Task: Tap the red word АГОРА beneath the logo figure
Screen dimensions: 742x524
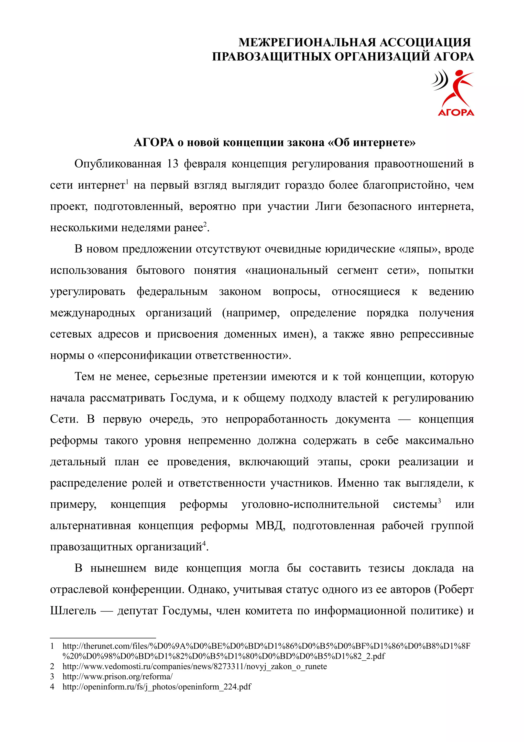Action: [456, 112]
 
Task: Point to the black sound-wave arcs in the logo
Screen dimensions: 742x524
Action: [440, 79]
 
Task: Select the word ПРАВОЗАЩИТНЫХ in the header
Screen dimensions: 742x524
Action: [271, 57]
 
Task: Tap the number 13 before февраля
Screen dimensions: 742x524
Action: [173, 164]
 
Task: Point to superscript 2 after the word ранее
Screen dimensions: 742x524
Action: [205, 224]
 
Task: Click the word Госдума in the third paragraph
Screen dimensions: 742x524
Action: [193, 398]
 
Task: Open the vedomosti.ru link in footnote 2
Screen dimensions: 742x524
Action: [194, 666]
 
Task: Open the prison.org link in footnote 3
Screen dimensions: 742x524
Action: [117, 676]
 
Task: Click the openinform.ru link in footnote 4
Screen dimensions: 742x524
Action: [157, 687]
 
